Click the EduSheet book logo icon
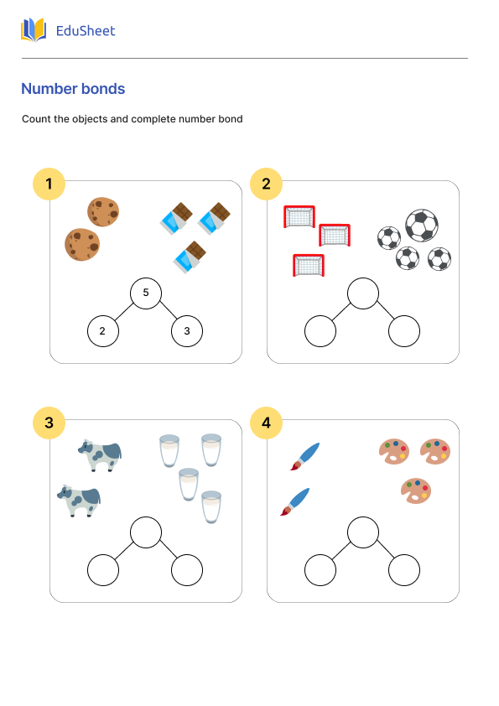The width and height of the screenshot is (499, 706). coord(34,30)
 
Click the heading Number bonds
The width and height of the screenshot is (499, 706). coord(73,89)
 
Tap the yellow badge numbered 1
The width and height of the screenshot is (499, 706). coord(49,184)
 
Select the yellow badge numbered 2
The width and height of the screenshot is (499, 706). coord(267,184)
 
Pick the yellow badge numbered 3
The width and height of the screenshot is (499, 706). coord(49,423)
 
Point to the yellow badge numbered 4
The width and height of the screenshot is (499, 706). coord(267,423)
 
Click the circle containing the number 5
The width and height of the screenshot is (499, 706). coord(146,293)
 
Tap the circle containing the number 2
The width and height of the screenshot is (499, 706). coord(102,331)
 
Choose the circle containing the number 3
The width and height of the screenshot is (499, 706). coord(187,331)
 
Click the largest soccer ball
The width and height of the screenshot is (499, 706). coord(421,225)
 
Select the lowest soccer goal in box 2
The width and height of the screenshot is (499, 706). coord(308,265)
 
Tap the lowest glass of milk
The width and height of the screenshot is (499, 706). coord(211,507)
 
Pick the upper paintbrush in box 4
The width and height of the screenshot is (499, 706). coord(304,455)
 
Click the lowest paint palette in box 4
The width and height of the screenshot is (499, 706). coord(416,491)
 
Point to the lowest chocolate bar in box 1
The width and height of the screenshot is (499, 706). coord(190,257)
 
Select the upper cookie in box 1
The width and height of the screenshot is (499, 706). coord(103,211)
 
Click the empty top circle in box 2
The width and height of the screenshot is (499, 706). coord(363,293)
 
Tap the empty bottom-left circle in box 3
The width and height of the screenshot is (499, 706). coord(102,570)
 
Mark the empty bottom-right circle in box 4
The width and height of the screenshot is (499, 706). coord(404,570)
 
